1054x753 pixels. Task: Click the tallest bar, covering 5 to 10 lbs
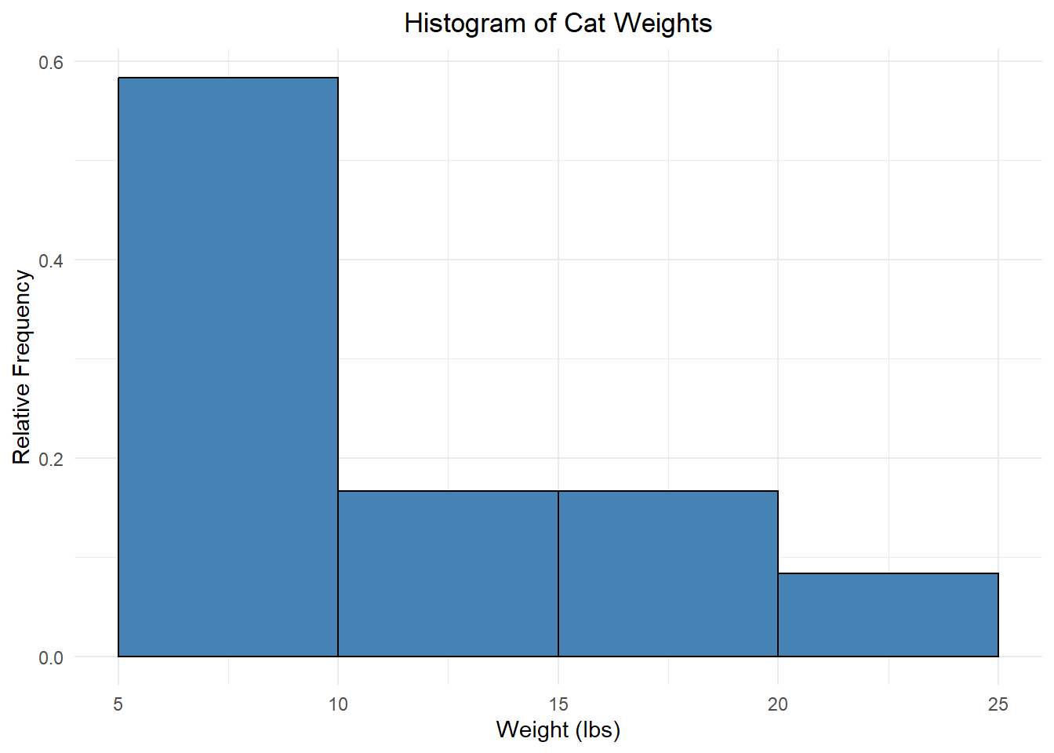point(227,366)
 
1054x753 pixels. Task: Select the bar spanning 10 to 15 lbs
point(448,573)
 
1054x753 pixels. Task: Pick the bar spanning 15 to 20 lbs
point(668,573)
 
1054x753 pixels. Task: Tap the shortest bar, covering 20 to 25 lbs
point(889,615)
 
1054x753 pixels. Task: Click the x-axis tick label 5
point(118,704)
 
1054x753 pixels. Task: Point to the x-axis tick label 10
point(338,704)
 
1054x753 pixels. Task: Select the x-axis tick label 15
point(558,704)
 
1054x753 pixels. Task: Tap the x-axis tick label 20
point(778,704)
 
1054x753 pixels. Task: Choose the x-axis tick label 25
point(998,704)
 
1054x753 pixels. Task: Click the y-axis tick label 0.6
point(51,63)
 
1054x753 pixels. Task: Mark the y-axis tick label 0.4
point(51,260)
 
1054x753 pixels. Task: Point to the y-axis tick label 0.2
point(51,460)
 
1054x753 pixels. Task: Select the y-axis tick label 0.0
point(51,658)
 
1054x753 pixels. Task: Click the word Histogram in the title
point(465,24)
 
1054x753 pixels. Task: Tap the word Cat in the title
point(584,23)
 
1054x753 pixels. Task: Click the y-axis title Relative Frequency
point(22,366)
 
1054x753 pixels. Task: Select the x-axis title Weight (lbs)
point(558,730)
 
